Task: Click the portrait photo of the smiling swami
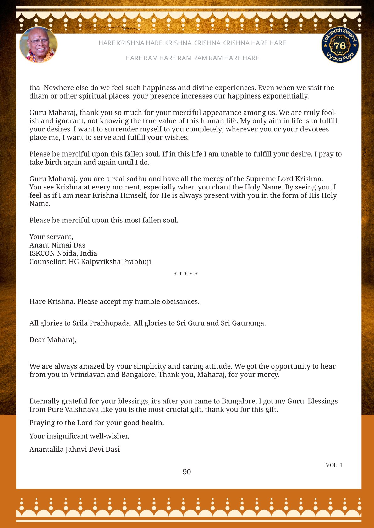38,45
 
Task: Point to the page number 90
187,472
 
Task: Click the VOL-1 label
334,465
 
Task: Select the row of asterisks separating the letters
186,274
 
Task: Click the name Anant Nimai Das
57,245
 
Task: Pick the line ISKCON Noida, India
63,253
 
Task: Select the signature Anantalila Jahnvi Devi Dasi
74,449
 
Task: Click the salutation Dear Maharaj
53,339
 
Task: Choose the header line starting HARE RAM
192,58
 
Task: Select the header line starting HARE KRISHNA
192,43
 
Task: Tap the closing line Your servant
51,237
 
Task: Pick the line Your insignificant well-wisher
79,436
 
